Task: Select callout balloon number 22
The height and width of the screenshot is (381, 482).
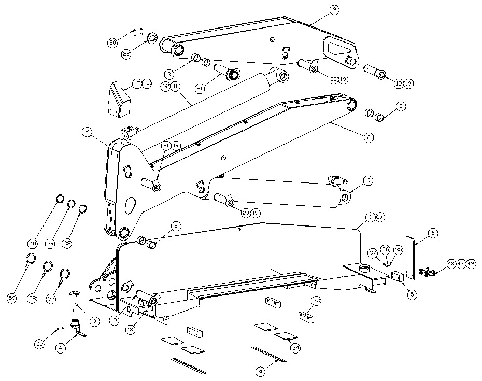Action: [x=126, y=53]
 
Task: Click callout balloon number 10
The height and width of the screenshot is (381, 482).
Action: [x=367, y=181]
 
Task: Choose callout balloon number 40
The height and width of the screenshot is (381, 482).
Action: [x=33, y=243]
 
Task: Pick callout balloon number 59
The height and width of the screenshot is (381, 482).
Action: [x=11, y=298]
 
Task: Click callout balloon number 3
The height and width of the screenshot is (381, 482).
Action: [x=94, y=321]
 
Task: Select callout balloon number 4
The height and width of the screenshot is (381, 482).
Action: [x=61, y=348]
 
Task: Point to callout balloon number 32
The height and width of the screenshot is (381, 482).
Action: [x=39, y=343]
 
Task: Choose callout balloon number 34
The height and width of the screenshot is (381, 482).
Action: [x=295, y=348]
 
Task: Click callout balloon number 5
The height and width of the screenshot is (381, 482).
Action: [x=412, y=294]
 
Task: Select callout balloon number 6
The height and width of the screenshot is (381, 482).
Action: [x=433, y=233]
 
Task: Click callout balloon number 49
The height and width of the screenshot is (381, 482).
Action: [x=471, y=264]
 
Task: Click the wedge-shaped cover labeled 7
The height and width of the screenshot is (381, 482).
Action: [x=119, y=98]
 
